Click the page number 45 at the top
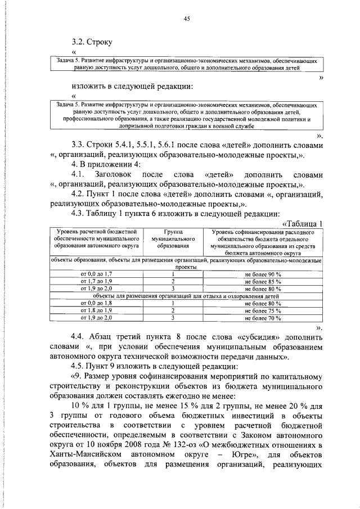(x=187, y=19)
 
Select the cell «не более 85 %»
(x=263, y=281)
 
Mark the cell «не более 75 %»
(x=263, y=310)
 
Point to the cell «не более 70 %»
(x=263, y=318)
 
